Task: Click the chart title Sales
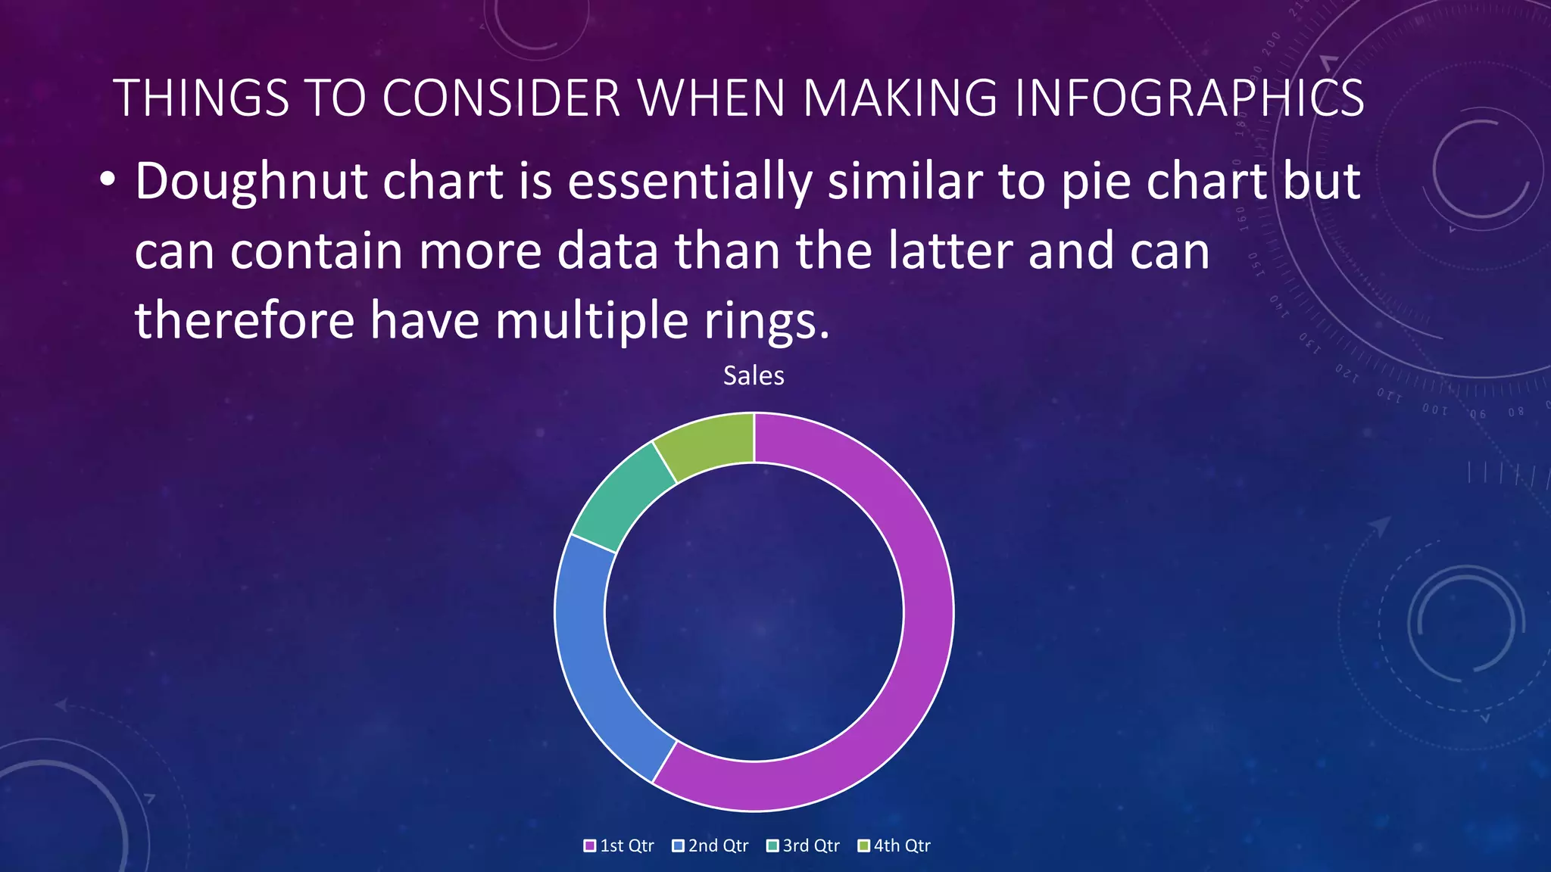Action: pos(754,375)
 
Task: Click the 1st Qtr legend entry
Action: pos(619,846)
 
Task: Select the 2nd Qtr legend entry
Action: pos(710,846)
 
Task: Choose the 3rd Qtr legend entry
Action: pos(804,846)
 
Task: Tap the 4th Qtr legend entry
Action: pos(894,846)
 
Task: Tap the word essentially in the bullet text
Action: pos(689,182)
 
